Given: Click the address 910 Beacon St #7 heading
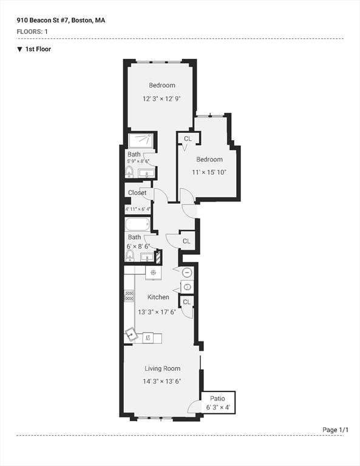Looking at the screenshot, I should [61, 20].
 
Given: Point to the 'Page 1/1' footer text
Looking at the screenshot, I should [336, 430].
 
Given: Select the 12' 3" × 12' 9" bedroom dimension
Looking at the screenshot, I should [162, 98].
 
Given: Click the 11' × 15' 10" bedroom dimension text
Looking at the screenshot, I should [209, 172].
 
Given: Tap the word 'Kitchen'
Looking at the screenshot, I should [158, 297].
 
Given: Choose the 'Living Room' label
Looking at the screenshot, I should [162, 368].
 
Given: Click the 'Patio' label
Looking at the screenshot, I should [217, 398].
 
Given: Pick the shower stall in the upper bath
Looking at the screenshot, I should [141, 141].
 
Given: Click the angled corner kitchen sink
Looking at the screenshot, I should [131, 333].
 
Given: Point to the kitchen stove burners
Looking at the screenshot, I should [129, 296].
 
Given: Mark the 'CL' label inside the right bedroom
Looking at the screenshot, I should [188, 139].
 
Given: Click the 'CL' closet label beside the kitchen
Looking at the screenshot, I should [186, 302].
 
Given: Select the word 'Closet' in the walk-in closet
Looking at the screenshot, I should [137, 193].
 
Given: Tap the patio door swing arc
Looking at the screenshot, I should [194, 407].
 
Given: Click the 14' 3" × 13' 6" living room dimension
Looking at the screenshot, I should [162, 382].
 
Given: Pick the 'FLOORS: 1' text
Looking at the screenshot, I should [33, 31].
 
